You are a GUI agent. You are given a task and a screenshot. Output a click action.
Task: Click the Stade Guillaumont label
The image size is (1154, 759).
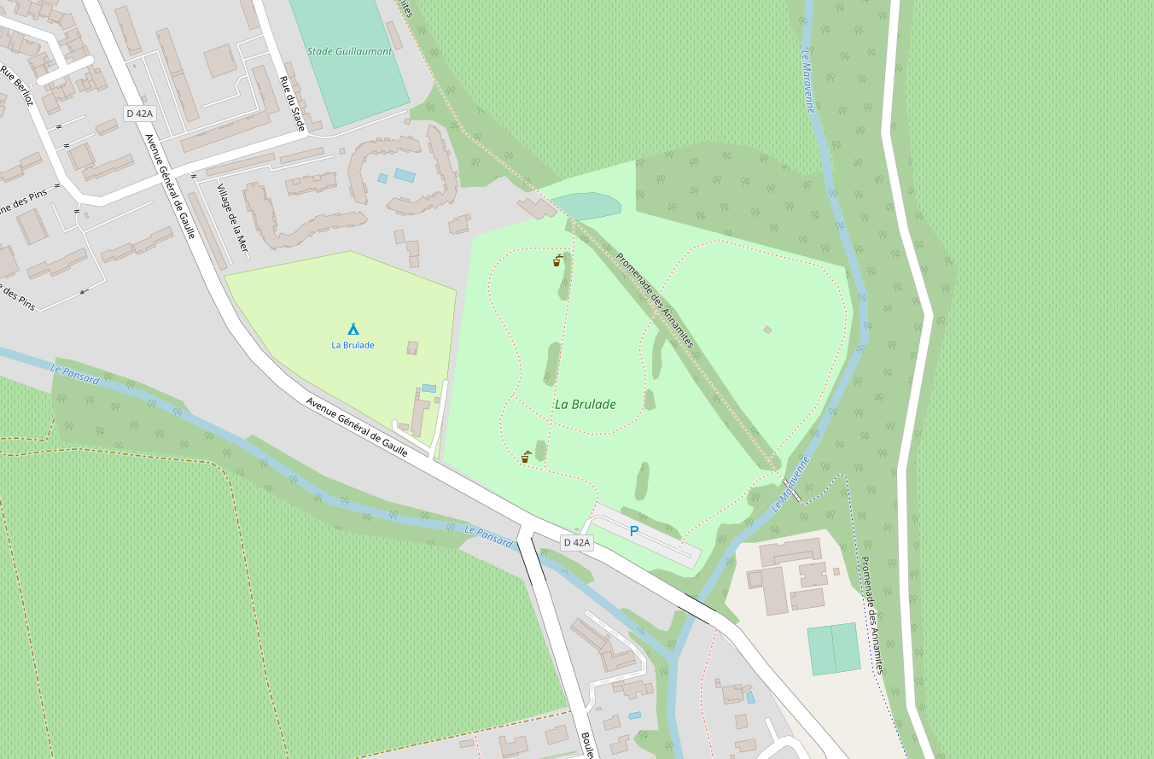(x=350, y=51)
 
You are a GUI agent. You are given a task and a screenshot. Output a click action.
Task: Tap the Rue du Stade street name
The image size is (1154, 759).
(x=292, y=103)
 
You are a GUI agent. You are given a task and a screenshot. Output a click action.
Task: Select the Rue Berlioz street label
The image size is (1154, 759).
(x=17, y=85)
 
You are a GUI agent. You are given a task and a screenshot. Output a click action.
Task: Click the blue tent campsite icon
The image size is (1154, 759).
(x=353, y=329)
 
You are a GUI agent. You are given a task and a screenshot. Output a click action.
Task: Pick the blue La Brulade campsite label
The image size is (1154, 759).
(x=353, y=345)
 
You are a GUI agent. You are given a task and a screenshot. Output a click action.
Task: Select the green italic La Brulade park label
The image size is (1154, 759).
(x=586, y=405)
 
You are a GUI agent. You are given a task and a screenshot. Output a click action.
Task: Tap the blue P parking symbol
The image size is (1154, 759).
(x=634, y=531)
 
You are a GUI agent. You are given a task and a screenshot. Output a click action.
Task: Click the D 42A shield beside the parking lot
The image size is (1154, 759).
(x=577, y=543)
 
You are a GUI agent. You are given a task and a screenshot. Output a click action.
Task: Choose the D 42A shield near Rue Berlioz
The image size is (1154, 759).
(x=139, y=114)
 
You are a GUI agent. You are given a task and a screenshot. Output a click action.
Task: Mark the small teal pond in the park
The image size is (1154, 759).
(x=586, y=205)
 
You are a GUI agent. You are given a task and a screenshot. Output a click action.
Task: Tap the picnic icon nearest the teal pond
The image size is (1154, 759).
(x=558, y=260)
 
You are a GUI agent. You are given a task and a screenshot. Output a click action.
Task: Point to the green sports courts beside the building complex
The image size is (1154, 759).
(x=834, y=649)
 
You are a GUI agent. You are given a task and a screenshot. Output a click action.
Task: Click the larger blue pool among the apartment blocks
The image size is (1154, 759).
(x=405, y=175)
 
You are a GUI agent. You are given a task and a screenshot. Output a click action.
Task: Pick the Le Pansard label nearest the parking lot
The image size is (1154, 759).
(x=488, y=536)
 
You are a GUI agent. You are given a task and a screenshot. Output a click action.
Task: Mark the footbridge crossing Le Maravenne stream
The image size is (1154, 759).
(x=791, y=490)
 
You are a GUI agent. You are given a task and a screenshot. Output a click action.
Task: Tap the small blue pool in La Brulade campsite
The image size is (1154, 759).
(x=428, y=388)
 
